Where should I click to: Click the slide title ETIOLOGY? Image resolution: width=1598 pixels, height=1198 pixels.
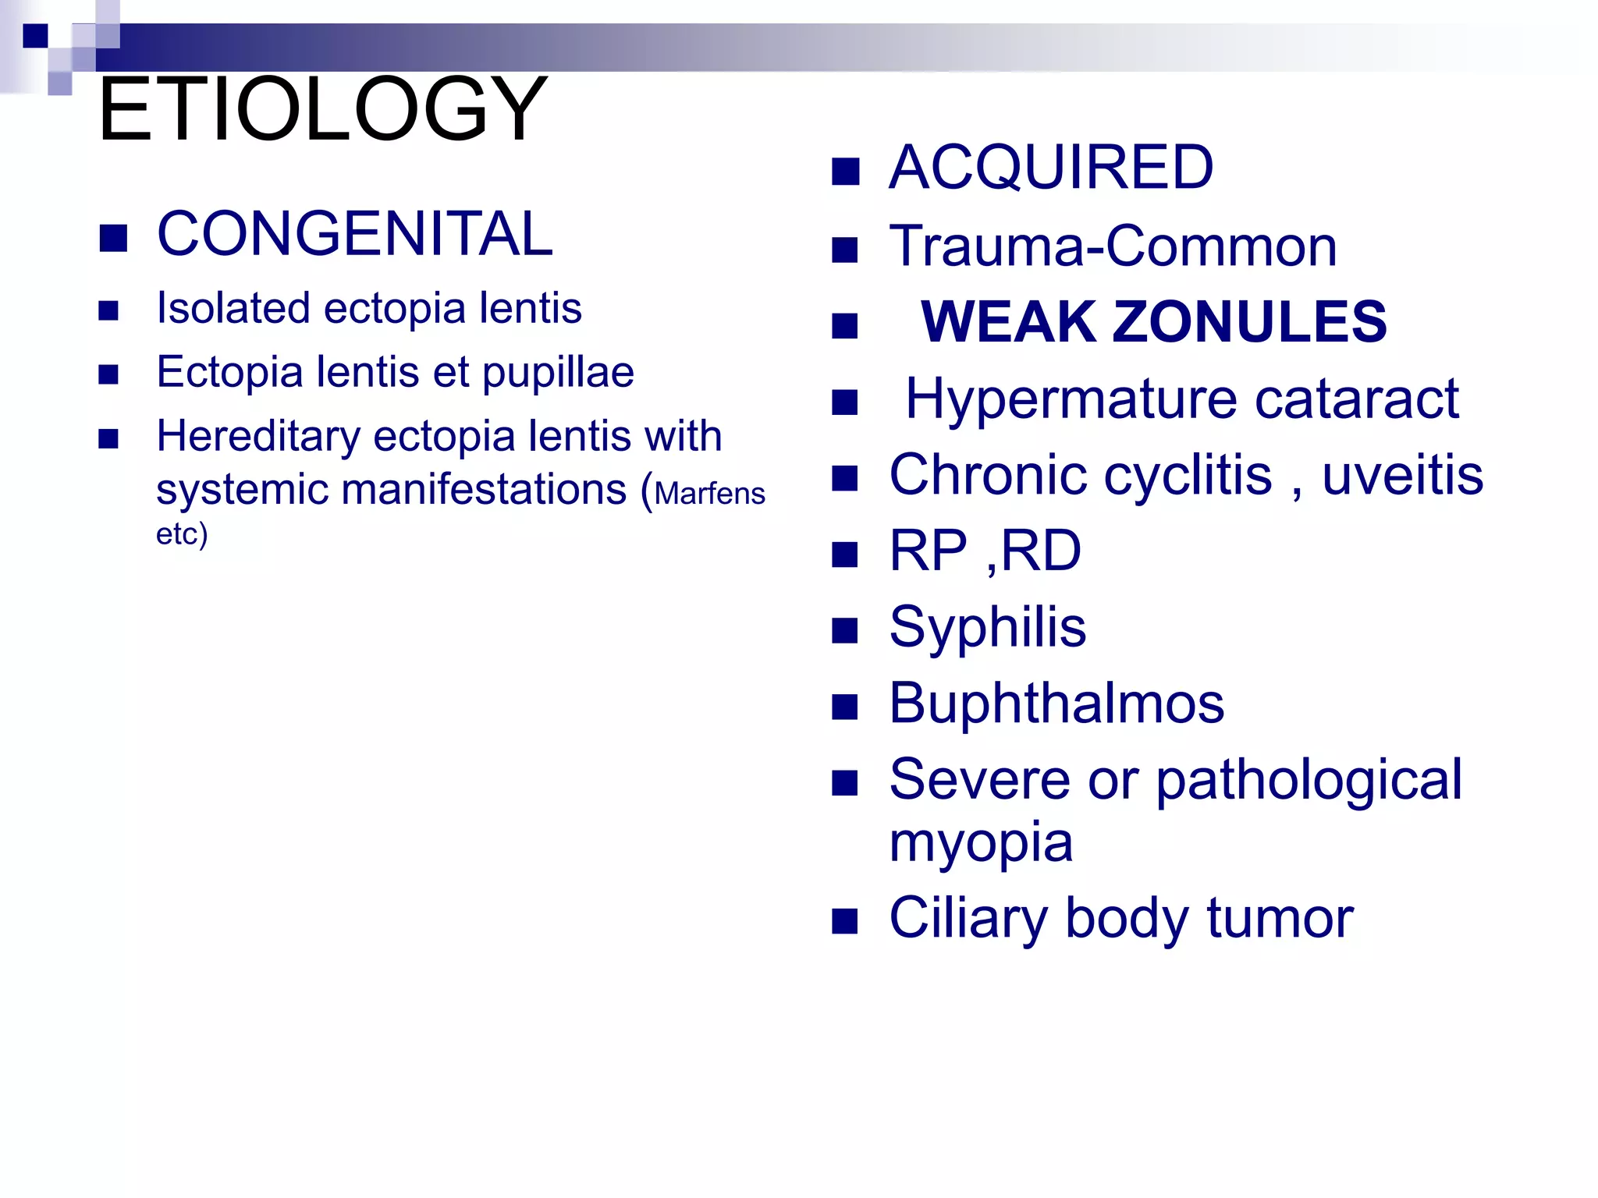[x=322, y=109]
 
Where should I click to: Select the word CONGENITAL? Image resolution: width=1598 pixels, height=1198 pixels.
[x=355, y=234]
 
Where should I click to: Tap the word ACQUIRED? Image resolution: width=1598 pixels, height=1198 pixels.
[x=1051, y=168]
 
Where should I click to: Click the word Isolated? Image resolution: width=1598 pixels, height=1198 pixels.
[x=234, y=308]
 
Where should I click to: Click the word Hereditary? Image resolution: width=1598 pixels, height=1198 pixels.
[x=258, y=437]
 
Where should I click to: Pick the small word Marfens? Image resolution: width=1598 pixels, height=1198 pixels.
[x=709, y=494]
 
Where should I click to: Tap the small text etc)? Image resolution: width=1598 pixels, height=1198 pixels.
[x=182, y=535]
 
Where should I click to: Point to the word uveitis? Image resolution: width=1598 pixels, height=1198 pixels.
[x=1402, y=476]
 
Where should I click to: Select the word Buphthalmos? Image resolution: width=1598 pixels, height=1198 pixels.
[x=1056, y=704]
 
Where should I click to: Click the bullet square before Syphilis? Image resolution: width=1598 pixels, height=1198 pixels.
[x=845, y=630]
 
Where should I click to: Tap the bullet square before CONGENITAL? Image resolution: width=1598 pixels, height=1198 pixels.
[x=113, y=239]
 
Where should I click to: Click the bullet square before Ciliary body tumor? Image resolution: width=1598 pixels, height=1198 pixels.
[x=845, y=921]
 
